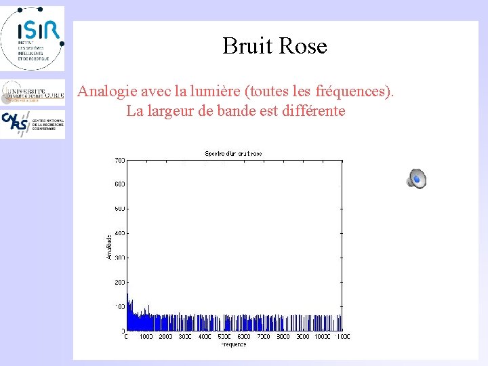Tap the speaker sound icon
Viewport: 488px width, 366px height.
[416, 179]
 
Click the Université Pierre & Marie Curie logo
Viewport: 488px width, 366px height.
[33, 92]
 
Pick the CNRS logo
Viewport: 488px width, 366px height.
[33, 124]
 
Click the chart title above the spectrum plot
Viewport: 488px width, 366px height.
[233, 154]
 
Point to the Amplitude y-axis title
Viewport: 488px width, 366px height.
[109, 246]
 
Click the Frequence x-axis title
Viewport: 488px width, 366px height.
[234, 344]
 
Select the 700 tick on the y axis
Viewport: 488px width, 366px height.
[119, 160]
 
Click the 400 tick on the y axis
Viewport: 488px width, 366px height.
[119, 233]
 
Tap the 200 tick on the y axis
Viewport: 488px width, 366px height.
[119, 282]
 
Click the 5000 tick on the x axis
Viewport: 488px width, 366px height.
[224, 337]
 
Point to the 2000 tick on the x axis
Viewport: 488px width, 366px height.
[165, 337]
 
